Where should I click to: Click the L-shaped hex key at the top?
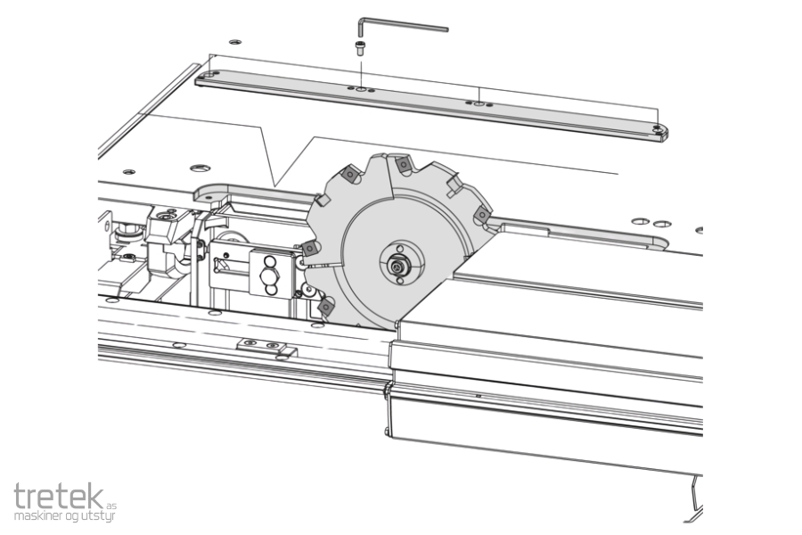399,25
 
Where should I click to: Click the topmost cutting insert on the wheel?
403,164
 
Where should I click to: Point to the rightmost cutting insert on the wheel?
481,215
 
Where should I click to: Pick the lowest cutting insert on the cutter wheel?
326,307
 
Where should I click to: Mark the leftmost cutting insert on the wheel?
310,249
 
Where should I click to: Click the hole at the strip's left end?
209,75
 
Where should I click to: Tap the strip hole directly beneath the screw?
361,89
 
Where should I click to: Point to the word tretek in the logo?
59,496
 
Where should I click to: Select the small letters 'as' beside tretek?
111,505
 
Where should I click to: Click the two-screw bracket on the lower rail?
266,348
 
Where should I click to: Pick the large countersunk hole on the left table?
200,168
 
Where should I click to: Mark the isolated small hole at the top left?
234,42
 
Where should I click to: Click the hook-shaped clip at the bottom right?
696,492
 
